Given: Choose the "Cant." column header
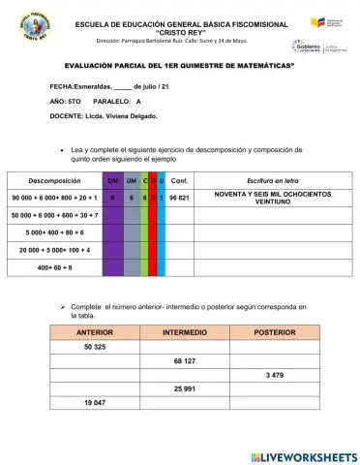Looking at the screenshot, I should pos(178,180).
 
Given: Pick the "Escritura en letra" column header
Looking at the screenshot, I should pos(272,180).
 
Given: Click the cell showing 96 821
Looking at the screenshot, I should pos(178,197).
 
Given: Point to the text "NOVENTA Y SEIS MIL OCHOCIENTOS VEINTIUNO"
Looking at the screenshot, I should pos(272,197).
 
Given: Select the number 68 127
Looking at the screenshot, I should pos(184,360).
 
